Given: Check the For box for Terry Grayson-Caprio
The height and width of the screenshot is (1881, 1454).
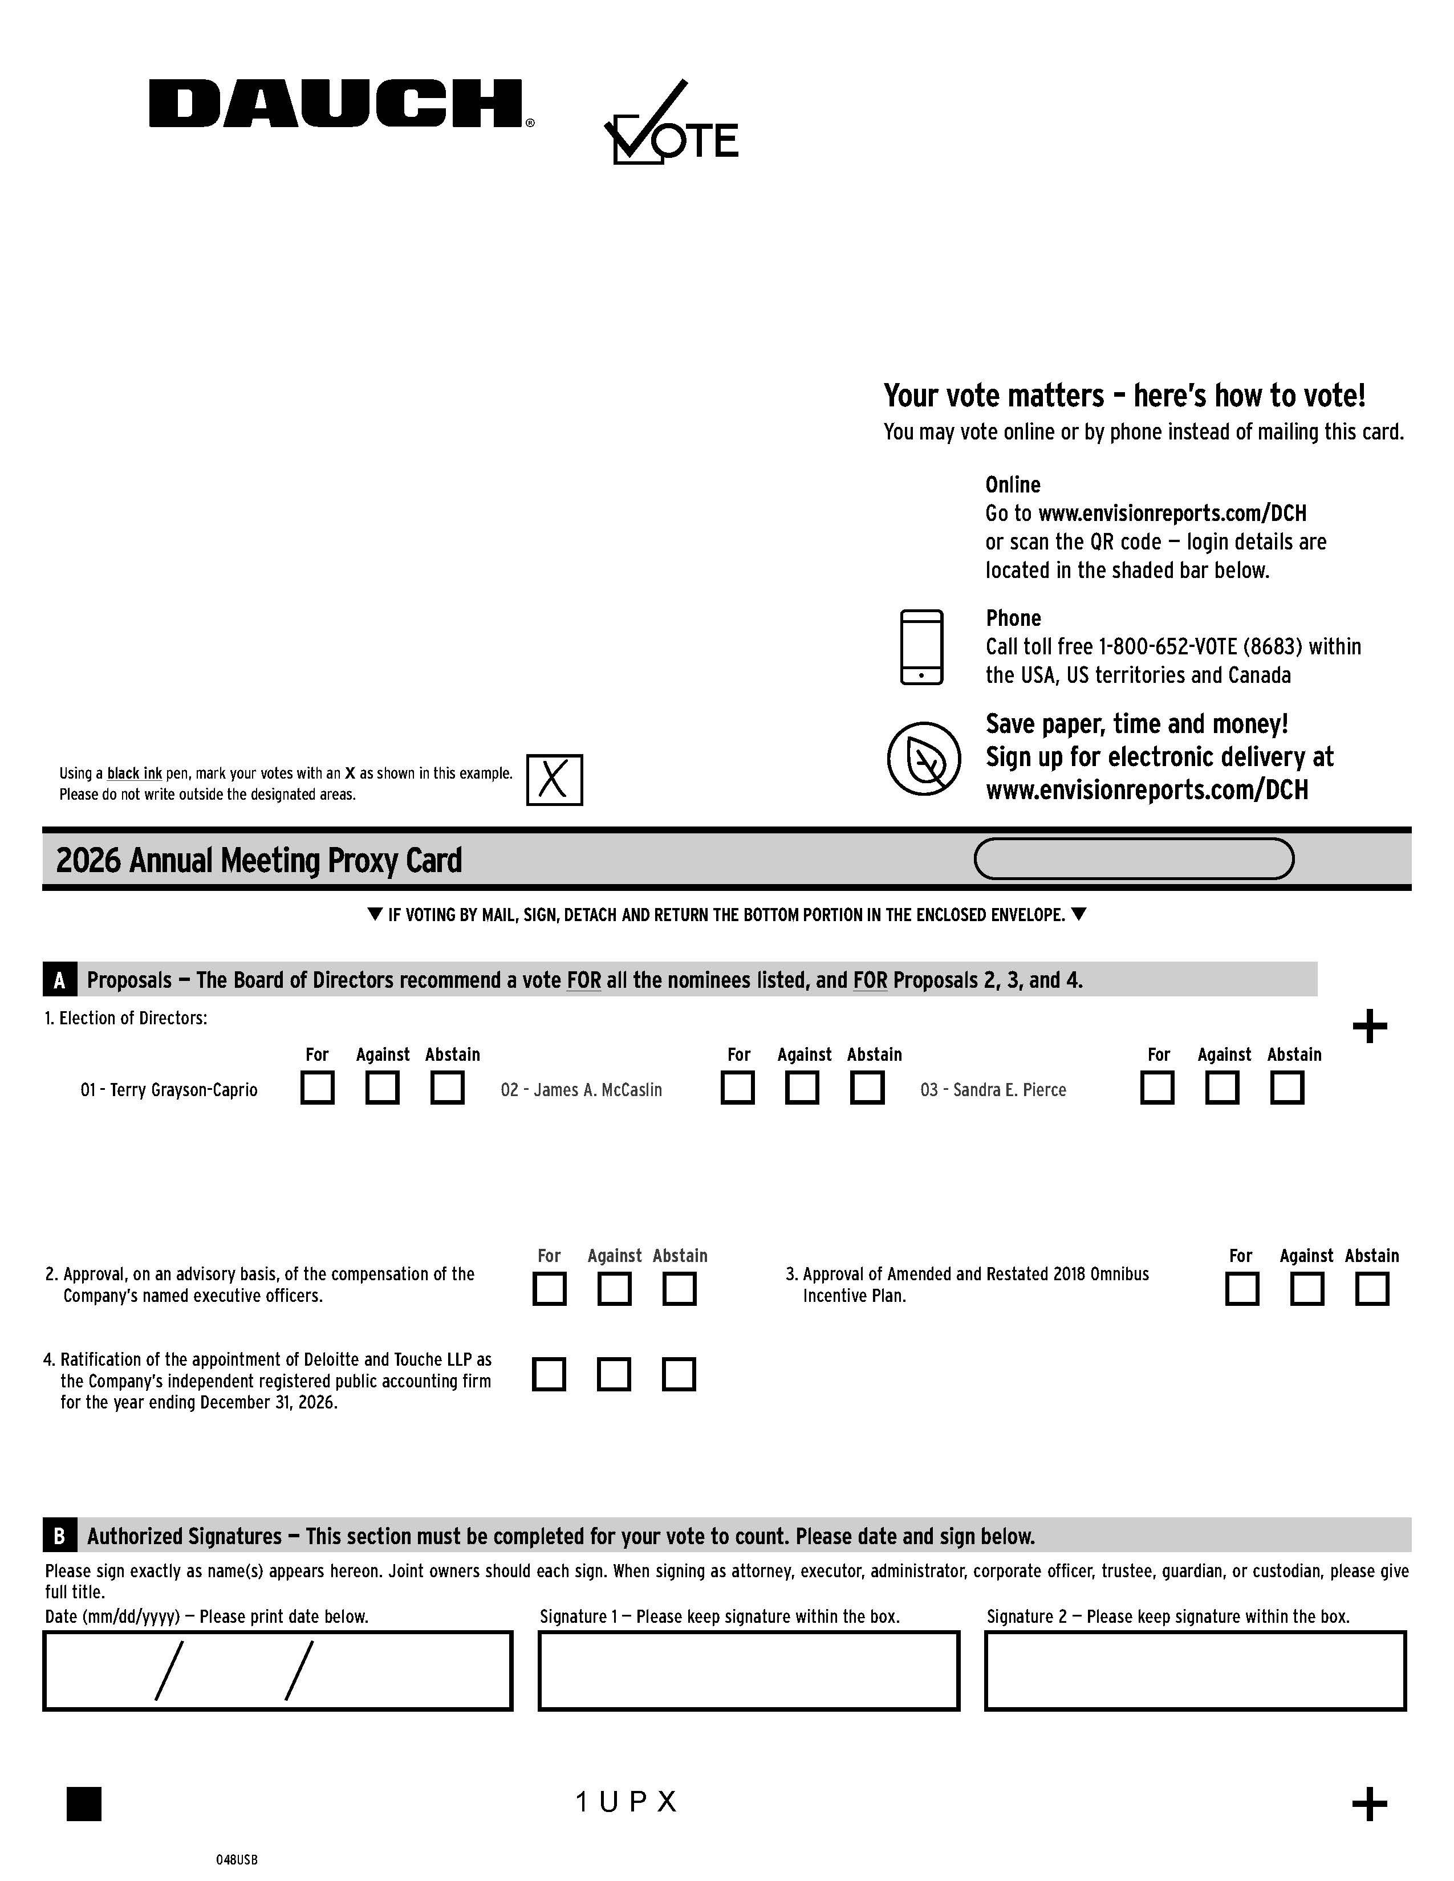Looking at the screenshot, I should [x=318, y=1088].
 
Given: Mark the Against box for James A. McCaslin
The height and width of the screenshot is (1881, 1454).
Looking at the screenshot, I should [x=802, y=1088].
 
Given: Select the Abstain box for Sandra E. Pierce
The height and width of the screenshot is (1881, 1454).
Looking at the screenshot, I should [x=1287, y=1088].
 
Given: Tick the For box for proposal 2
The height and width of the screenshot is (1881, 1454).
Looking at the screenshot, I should [x=550, y=1289].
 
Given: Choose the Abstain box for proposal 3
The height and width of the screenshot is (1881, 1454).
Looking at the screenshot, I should [x=1371, y=1289].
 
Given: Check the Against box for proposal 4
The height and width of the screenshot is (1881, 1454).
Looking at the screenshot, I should [x=614, y=1375].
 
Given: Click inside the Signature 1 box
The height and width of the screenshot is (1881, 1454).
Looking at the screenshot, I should [x=749, y=1671].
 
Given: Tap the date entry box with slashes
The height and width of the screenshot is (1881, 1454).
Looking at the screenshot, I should [x=277, y=1671].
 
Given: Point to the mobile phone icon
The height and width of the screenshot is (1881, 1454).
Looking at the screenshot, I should [x=921, y=648].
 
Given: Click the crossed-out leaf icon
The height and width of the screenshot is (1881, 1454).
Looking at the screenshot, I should [x=923, y=759].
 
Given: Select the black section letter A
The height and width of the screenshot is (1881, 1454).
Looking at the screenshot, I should [x=59, y=980].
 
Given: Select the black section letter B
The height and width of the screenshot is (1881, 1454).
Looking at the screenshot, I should [x=59, y=1537].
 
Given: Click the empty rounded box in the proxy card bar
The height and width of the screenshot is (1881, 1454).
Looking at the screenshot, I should [x=1134, y=858].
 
